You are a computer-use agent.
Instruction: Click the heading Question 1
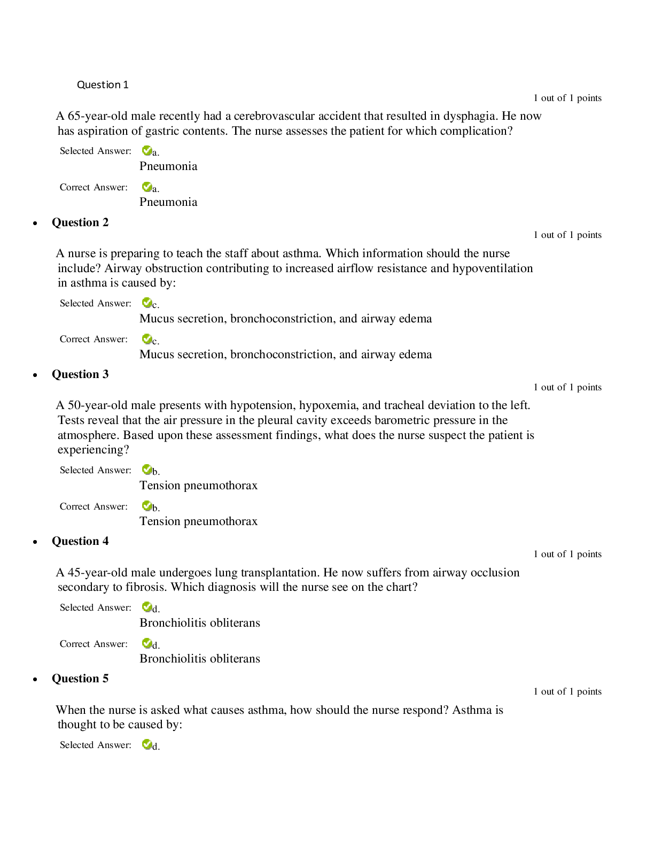(103, 84)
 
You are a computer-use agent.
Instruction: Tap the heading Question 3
(80, 374)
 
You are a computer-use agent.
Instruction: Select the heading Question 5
(80, 679)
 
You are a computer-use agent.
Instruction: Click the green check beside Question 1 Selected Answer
(146, 151)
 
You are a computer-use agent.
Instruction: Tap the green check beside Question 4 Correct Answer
(146, 643)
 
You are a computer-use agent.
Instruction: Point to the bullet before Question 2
(35, 224)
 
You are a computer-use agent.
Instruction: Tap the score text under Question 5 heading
(567, 691)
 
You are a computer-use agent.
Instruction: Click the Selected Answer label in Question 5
(96, 745)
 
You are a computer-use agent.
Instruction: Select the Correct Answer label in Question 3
(94, 506)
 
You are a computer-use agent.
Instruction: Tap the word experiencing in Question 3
(94, 450)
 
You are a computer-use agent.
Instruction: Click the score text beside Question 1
(567, 98)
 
